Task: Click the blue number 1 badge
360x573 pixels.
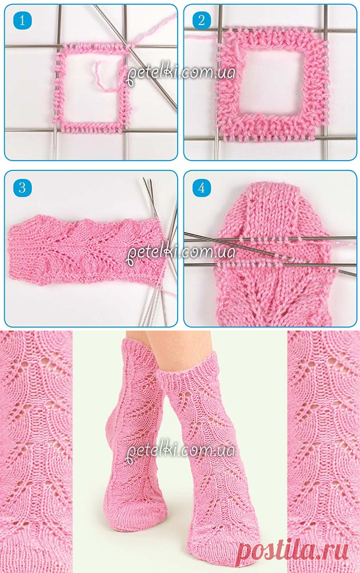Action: pos(22,20)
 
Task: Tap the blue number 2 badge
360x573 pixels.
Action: pos(202,20)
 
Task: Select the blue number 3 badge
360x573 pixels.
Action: pos(22,188)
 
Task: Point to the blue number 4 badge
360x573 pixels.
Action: pos(202,188)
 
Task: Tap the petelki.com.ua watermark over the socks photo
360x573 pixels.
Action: pos(181,451)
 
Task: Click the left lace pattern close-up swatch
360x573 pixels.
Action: pos(36,452)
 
